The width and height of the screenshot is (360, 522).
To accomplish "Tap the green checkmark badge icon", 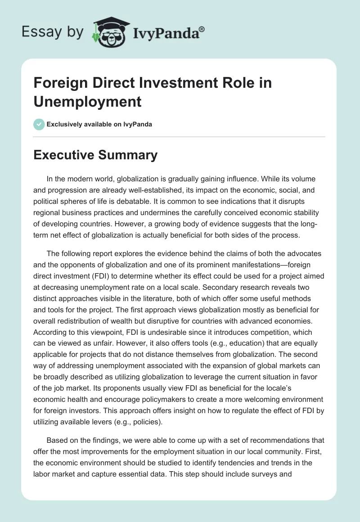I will (39, 124).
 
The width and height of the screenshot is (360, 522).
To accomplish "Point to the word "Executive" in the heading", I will (64, 155).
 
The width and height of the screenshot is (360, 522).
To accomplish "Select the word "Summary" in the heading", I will (133, 155).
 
